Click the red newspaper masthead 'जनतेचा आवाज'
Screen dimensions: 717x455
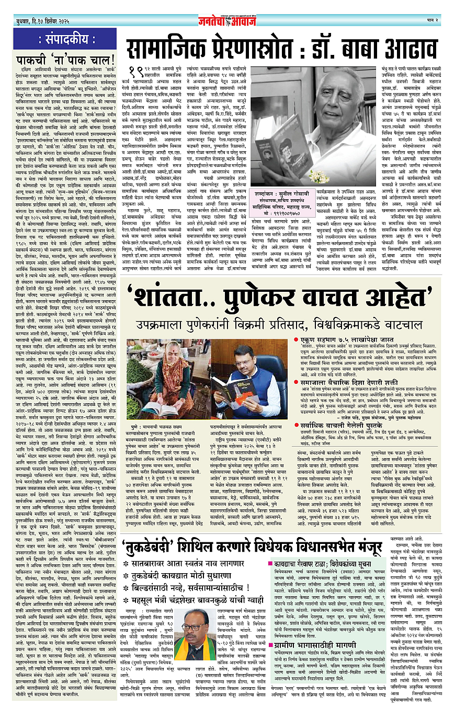[x=227, y=8]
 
